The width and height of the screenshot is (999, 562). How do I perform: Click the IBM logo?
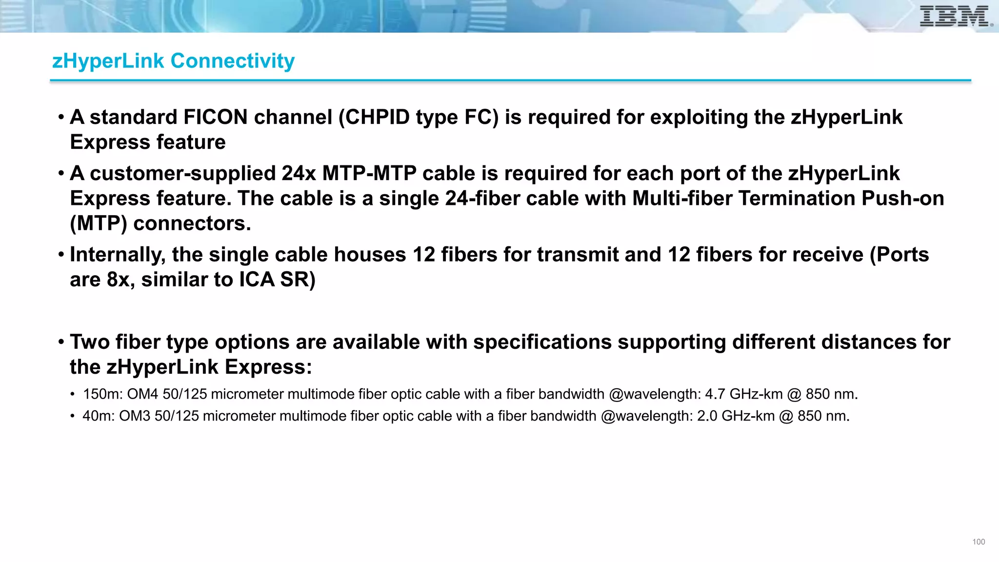click(955, 16)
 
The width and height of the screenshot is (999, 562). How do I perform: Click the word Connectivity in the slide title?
click(233, 61)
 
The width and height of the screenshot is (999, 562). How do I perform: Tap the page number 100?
click(979, 542)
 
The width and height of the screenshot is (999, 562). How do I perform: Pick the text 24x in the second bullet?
click(299, 173)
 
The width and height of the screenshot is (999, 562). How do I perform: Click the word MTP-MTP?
click(369, 173)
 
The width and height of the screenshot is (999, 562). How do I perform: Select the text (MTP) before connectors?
click(99, 223)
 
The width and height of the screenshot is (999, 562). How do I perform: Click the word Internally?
click(118, 255)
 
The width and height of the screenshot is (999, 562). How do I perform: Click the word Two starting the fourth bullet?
click(90, 342)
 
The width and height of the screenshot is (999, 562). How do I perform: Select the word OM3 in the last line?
click(135, 416)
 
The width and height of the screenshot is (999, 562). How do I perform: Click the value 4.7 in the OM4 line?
click(715, 394)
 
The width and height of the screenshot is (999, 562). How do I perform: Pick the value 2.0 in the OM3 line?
click(707, 416)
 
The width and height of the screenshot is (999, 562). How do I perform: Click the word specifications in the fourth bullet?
click(542, 342)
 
